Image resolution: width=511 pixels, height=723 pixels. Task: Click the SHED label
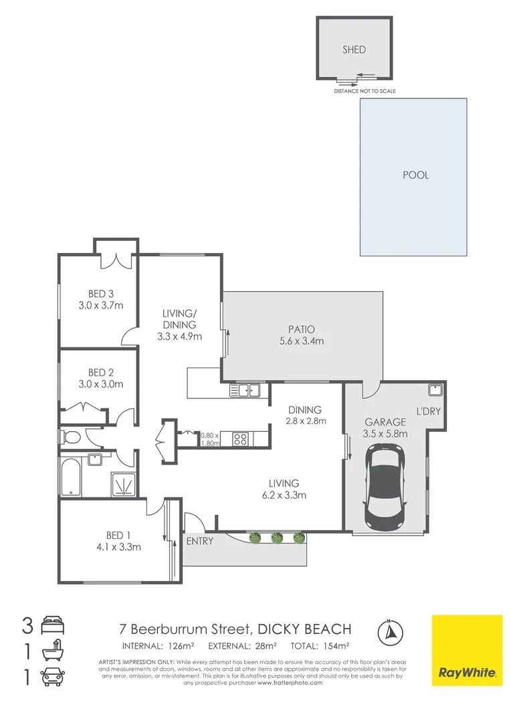pos(354,50)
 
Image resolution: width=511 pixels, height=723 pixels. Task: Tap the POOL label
pos(415,175)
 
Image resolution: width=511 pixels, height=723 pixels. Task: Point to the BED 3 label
pos(101,293)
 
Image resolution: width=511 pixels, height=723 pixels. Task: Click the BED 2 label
pos(101,372)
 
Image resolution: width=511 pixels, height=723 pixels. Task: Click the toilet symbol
pos(70,438)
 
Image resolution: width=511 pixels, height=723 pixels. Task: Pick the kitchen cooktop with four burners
pos(240,440)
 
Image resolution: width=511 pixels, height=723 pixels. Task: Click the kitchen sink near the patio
pos(246,389)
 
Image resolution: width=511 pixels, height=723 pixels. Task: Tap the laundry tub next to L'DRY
pos(434,389)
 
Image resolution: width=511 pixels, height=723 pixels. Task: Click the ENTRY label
pos(200,541)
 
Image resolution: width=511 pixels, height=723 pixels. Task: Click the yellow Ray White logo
pos(466,650)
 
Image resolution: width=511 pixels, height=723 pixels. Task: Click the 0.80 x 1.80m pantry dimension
pos(210,439)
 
